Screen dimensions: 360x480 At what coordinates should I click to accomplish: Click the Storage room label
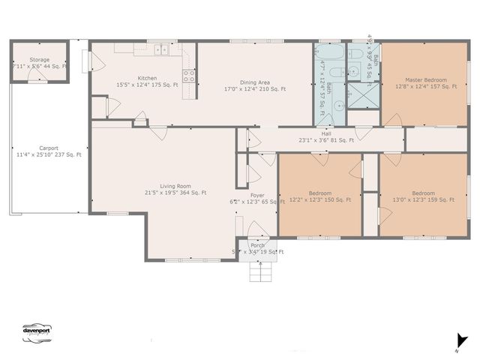tap(39, 59)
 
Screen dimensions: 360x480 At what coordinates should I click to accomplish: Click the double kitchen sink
tap(162, 50)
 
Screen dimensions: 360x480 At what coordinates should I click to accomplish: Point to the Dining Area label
tap(255, 82)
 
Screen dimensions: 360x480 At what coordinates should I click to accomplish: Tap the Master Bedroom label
tap(425, 79)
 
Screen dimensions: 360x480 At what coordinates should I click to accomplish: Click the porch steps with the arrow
tap(259, 271)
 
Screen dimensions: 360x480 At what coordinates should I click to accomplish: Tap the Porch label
tap(257, 245)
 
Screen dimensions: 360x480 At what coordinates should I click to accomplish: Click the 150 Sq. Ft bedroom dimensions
tap(319, 200)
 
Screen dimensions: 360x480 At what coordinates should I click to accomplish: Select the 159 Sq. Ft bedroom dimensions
tap(423, 200)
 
